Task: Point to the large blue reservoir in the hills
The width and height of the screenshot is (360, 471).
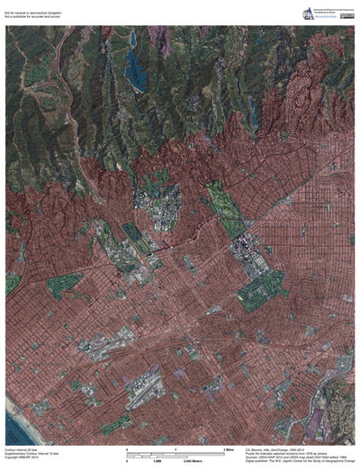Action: click(136, 68)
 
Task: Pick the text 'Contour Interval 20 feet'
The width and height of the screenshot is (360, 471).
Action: click(23, 448)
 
